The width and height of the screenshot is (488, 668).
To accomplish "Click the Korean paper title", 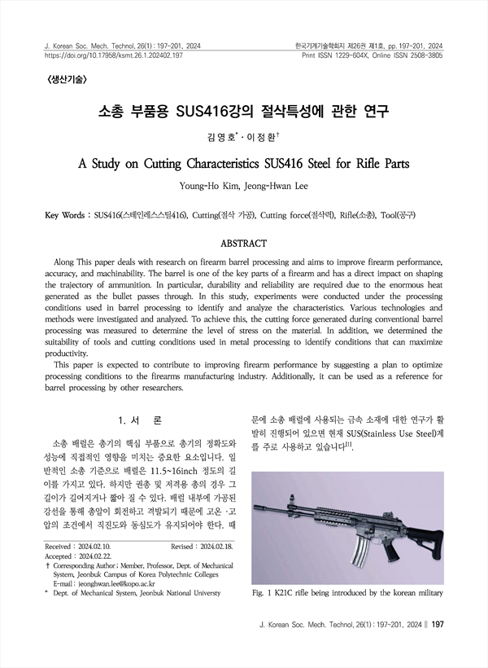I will pyautogui.click(x=244, y=110).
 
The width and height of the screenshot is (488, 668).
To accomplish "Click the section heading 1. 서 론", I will pyautogui.click(x=140, y=420).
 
